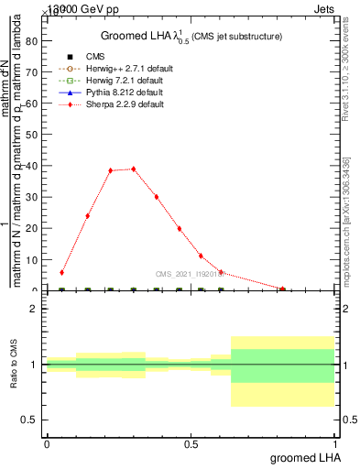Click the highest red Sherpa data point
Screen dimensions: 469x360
[x=134, y=169]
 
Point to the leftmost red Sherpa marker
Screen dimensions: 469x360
[x=61, y=272]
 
